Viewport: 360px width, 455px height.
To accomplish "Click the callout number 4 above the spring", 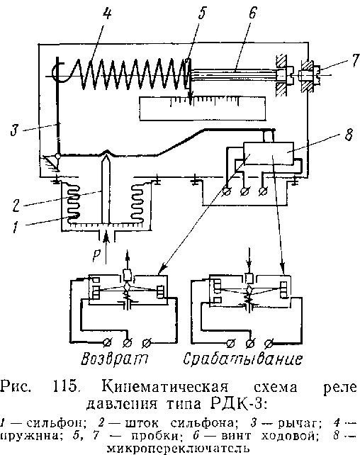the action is [x=106, y=13].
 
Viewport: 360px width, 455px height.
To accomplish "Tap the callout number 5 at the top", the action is [x=202, y=13].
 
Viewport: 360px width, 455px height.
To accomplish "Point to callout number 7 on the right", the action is [x=354, y=61].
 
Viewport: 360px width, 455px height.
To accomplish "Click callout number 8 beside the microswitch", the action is [x=349, y=135].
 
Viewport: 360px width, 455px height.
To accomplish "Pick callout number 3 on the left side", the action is [x=15, y=130].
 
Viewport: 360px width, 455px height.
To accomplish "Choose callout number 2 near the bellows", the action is [x=16, y=205].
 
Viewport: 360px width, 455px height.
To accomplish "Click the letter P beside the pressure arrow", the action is [x=97, y=255].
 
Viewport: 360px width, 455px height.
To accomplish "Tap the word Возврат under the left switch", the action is [x=114, y=359].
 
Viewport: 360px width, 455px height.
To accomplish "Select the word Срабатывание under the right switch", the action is [x=243, y=359].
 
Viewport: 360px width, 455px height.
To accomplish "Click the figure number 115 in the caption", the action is [x=66, y=387].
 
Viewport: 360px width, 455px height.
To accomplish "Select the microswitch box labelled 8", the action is [x=269, y=153].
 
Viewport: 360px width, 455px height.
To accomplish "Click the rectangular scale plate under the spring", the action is [x=202, y=108].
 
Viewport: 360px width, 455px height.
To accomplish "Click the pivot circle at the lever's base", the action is [x=58, y=156].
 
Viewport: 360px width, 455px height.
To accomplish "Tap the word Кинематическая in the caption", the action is [x=165, y=387].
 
